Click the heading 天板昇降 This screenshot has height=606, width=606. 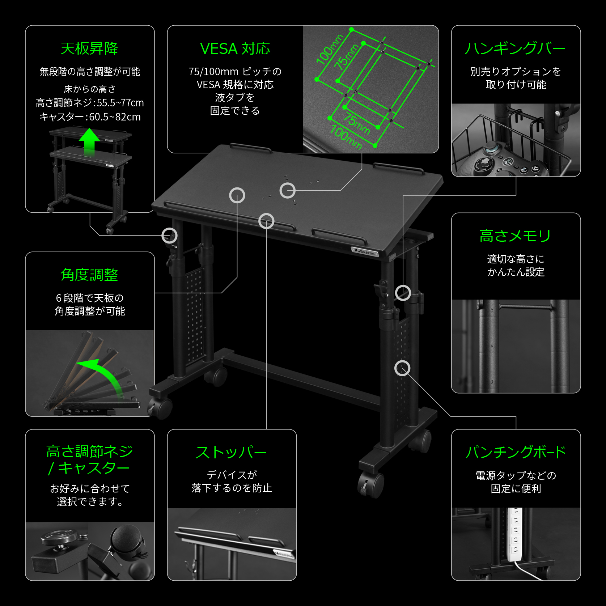pyautogui.click(x=89, y=48)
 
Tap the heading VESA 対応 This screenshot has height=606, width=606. pyautogui.click(x=235, y=48)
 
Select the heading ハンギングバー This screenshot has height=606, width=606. pyautogui.click(x=515, y=48)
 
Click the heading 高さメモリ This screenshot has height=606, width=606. pyautogui.click(x=515, y=236)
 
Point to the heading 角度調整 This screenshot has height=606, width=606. pyautogui.click(x=89, y=275)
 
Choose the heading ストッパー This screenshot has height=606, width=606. pyautogui.click(x=232, y=452)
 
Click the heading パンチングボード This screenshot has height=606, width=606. pyautogui.click(x=516, y=452)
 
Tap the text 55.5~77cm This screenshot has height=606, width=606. pyautogui.click(x=120, y=103)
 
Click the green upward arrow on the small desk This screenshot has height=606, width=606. pyautogui.click(x=89, y=141)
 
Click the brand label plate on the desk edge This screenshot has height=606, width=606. pyautogui.click(x=365, y=252)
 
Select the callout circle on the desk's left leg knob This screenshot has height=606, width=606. pyautogui.click(x=169, y=236)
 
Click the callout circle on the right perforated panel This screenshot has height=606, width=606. pyautogui.click(x=402, y=368)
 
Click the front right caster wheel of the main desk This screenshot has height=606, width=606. pyautogui.click(x=371, y=485)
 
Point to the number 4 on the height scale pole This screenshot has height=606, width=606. pyautogui.click(x=492, y=346)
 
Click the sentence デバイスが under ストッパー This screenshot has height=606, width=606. pyautogui.click(x=232, y=475)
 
